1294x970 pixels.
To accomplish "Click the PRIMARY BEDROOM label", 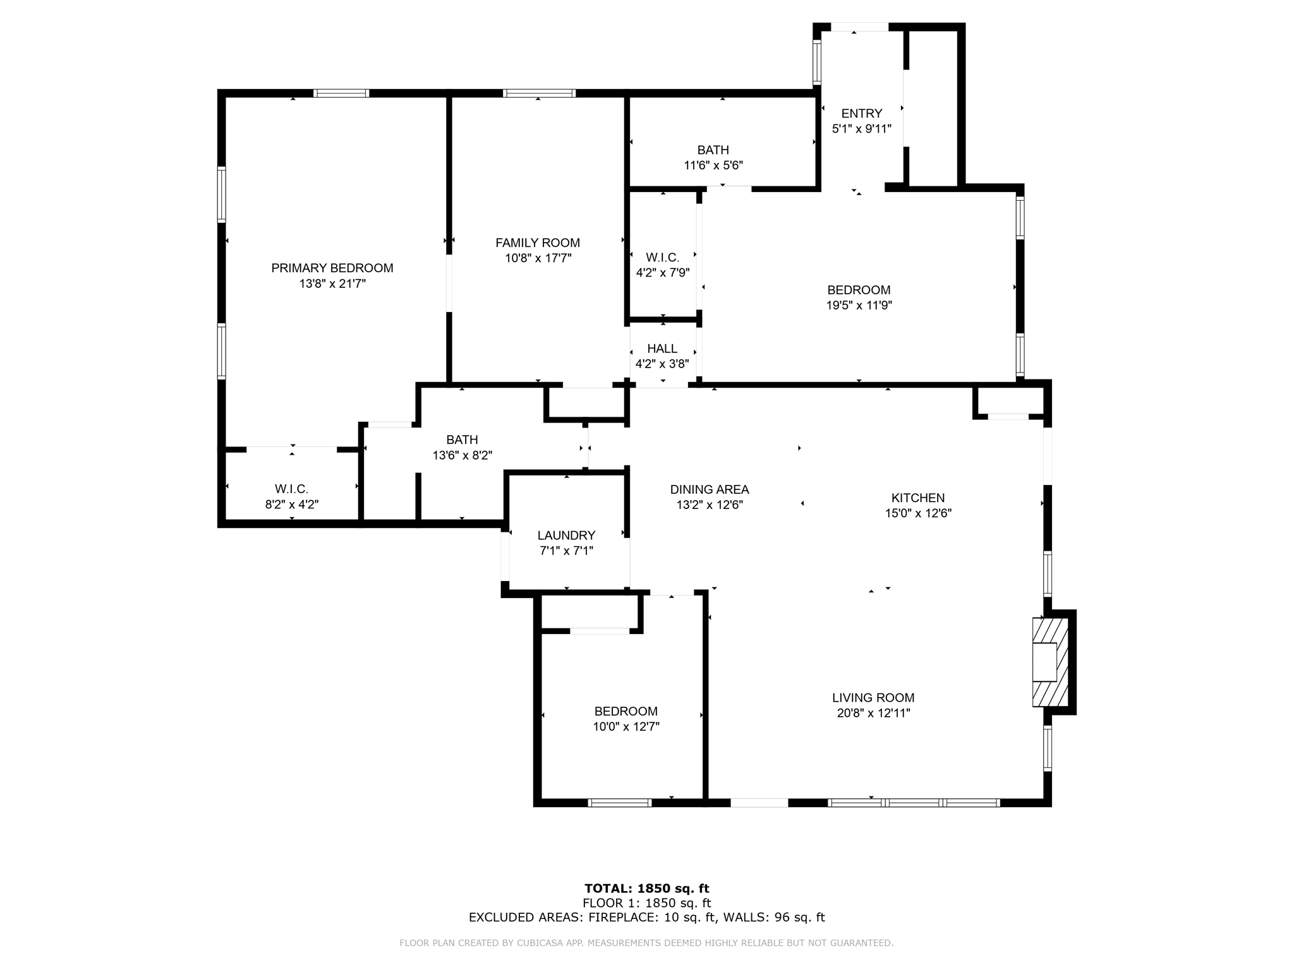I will coord(332,268).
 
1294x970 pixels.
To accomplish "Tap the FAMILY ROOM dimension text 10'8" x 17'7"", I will coord(538,258).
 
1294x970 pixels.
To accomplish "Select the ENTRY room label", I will coord(861,113).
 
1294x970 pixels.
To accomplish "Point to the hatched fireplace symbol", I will coord(1050,662).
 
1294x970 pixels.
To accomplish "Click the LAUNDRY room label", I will coord(566,535).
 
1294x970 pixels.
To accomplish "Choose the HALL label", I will coord(662,349).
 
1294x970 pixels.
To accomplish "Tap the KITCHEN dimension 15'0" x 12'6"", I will coord(917,513).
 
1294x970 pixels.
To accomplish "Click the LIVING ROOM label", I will coord(873,697).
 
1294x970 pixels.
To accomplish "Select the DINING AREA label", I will coord(709,489).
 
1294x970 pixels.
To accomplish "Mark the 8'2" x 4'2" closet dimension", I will coord(291,505).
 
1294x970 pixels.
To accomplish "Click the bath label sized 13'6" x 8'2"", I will coord(462,440).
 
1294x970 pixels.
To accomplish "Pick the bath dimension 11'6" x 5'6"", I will coord(713,165).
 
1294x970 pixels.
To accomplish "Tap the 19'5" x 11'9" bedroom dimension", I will coord(859,306).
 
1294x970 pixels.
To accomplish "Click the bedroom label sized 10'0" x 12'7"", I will coord(626,711).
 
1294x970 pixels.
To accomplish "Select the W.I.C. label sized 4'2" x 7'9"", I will coord(662,258).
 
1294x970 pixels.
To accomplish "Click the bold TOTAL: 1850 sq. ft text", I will coord(646,889).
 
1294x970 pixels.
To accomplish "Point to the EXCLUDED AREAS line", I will coord(646,918).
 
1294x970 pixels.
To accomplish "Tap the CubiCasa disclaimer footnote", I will coord(646,943).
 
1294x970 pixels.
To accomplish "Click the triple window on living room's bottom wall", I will coord(913,803).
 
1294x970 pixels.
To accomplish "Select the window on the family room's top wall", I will coord(539,93).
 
